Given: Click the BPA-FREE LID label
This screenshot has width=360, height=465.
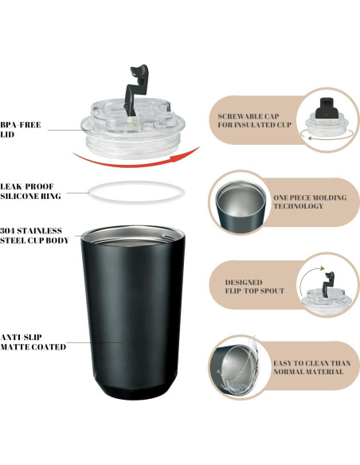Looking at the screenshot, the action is [x=21, y=130].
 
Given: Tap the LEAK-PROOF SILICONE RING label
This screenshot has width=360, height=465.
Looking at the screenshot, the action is [x=30, y=191].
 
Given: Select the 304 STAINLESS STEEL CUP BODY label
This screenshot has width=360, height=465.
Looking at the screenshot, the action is [x=34, y=236].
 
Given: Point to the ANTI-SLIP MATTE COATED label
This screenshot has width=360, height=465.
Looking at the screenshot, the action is [x=33, y=342].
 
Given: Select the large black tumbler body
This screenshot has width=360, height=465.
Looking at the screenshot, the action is [x=133, y=311].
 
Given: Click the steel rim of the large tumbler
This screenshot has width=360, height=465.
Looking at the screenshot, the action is [x=133, y=232].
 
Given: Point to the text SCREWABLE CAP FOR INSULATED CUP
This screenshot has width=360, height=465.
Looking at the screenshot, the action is [x=254, y=121].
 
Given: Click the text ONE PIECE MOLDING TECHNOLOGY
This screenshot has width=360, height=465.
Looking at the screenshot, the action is [x=310, y=201].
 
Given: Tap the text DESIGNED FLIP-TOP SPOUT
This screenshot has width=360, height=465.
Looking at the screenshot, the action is [x=255, y=287].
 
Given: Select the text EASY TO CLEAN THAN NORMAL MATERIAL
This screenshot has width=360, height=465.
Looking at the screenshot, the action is [x=312, y=367].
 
